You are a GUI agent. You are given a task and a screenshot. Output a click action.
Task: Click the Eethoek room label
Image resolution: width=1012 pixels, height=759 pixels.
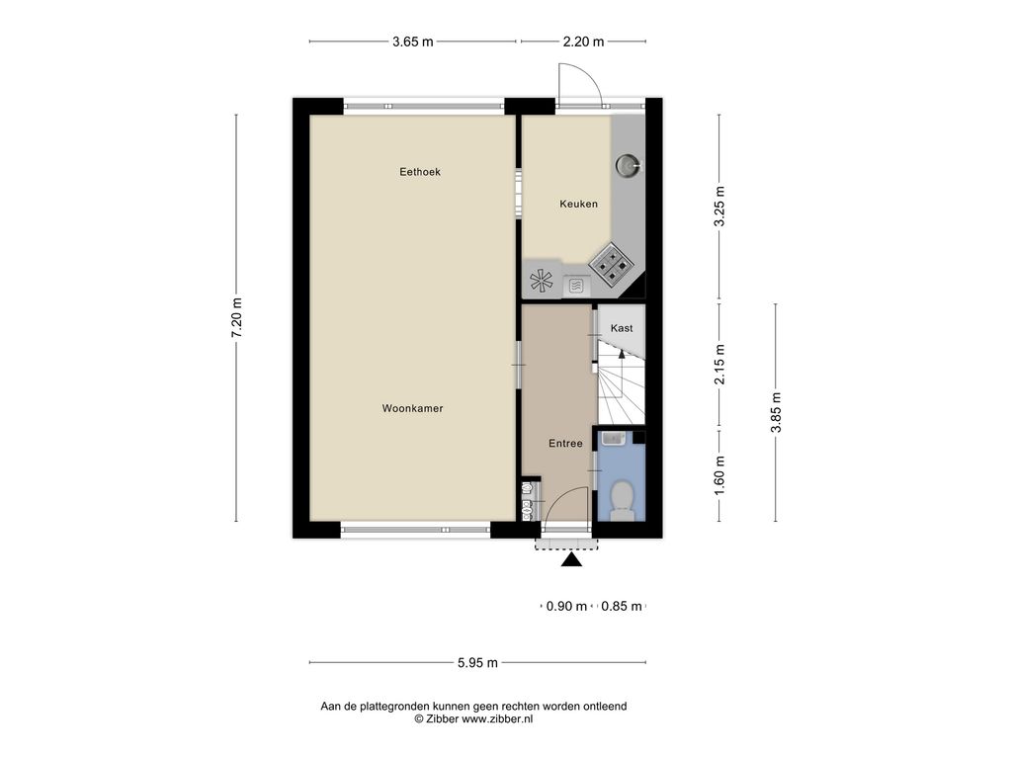[419, 172]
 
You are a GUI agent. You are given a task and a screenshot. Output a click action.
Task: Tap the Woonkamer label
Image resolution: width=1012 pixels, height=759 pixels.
[412, 408]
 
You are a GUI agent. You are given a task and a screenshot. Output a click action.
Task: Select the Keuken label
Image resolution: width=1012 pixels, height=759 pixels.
[578, 204]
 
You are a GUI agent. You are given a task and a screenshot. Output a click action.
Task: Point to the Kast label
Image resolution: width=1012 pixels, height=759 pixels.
[622, 328]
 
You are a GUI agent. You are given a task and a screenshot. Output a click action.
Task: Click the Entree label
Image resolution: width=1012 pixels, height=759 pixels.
[565, 444]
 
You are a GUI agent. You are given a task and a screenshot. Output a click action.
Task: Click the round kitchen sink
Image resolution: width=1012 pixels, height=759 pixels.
[627, 166]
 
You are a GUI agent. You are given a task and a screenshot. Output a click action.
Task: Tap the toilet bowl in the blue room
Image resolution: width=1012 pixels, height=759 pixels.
[623, 500]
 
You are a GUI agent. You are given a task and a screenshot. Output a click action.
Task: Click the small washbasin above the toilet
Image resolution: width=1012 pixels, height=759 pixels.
[614, 439]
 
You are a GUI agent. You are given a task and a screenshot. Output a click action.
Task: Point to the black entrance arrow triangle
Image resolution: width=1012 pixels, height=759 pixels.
[571, 559]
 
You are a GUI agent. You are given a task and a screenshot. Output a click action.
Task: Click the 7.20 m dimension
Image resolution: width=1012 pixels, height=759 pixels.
[237, 317]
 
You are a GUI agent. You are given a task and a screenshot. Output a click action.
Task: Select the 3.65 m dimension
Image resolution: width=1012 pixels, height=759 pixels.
[413, 42]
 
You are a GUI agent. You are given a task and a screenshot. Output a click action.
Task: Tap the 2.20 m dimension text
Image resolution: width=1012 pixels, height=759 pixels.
[583, 42]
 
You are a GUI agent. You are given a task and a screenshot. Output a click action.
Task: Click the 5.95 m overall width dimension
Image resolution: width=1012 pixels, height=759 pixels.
[477, 663]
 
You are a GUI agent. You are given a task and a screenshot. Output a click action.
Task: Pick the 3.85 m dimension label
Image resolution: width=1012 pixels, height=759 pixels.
[776, 412]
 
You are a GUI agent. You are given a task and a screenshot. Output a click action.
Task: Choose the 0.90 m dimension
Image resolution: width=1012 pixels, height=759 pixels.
[566, 606]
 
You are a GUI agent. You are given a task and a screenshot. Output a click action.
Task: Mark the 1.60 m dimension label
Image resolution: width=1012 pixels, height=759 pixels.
[719, 475]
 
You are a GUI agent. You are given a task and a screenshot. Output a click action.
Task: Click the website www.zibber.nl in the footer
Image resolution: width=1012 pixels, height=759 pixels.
[497, 719]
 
